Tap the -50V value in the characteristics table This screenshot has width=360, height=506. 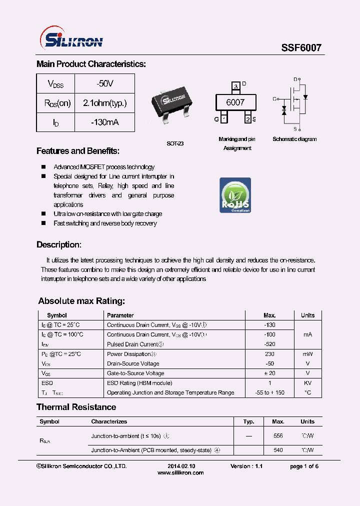[x=105, y=83]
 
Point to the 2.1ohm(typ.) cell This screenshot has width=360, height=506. [x=105, y=103]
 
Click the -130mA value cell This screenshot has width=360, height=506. [x=105, y=122]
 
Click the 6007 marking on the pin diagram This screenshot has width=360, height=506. [x=235, y=102]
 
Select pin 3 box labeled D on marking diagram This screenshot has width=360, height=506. [x=235, y=86]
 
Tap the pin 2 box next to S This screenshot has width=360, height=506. [x=247, y=119]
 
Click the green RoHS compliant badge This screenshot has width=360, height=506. [x=235, y=195]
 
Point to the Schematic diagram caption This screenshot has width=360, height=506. [x=294, y=139]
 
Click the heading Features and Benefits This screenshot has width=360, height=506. [x=78, y=151]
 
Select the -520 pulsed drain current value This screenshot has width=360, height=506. [x=269, y=344]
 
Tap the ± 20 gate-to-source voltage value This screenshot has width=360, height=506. [x=269, y=373]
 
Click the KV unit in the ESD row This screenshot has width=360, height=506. [x=307, y=383]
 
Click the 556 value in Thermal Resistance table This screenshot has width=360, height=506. [x=278, y=436]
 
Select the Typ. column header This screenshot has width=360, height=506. [x=248, y=421]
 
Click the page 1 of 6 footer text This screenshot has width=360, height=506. [x=304, y=466]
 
